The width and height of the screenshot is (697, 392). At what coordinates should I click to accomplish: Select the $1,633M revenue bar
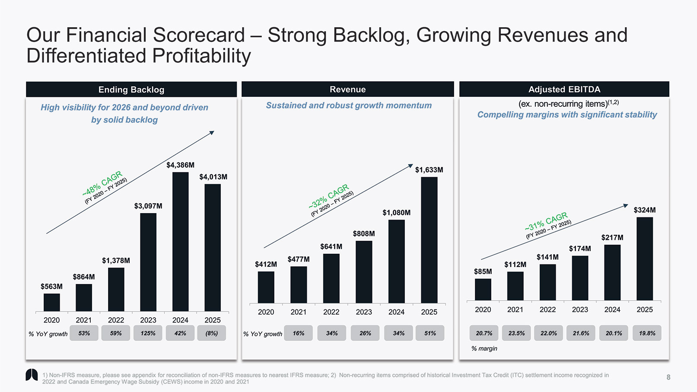[x=429, y=240]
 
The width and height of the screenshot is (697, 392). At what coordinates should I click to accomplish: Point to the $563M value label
[x=51, y=287]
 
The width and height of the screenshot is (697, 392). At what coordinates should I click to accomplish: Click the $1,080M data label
[x=396, y=213]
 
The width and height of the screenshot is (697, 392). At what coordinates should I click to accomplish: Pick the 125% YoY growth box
[x=148, y=333]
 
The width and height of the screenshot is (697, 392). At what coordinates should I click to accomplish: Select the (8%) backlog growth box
[x=212, y=333]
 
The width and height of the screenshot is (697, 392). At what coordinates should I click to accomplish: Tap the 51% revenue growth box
[x=430, y=333]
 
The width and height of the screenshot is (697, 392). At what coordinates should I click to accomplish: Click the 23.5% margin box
[x=516, y=333]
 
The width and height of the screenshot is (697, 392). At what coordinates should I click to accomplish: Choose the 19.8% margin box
[x=647, y=333]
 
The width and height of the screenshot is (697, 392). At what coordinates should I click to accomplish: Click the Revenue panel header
[x=347, y=89]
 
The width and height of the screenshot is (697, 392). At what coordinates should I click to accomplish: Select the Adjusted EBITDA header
[x=564, y=89]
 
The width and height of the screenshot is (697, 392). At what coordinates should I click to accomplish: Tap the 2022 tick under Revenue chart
[x=331, y=312]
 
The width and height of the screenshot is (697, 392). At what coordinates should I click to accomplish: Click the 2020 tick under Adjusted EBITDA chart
[x=483, y=310]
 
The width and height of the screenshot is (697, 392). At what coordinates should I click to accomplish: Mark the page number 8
[x=668, y=377]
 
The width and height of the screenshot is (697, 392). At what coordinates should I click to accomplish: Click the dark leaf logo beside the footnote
[x=32, y=375]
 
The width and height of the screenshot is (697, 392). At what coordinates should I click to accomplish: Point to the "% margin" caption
[x=484, y=349]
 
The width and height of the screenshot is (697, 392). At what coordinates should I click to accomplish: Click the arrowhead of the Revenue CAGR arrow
[x=411, y=166]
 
